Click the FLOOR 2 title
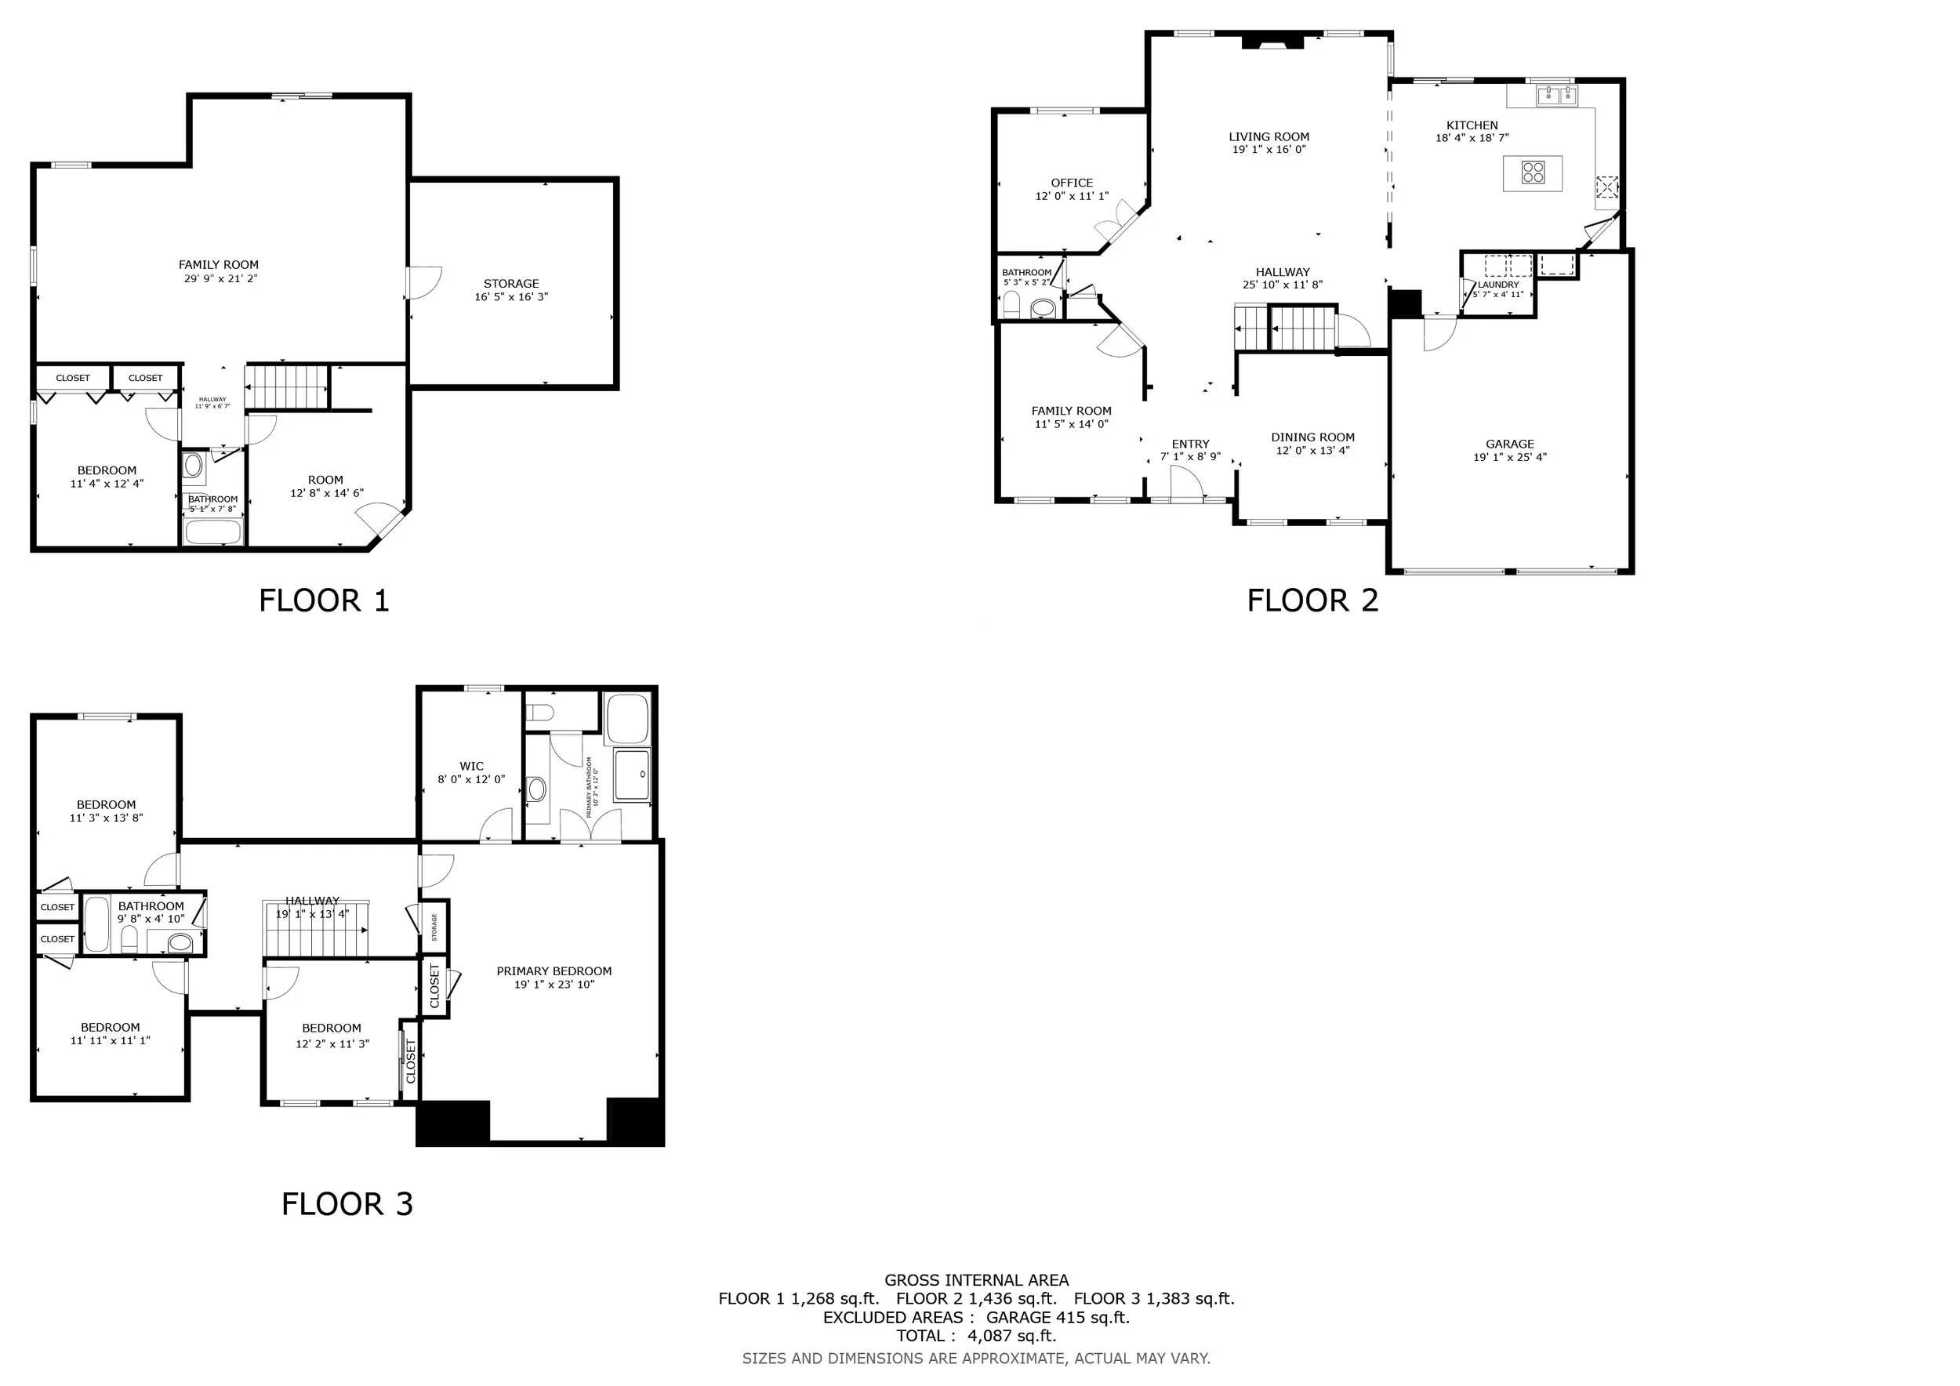point(1312,600)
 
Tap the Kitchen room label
point(1472,125)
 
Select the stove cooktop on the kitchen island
point(1534,173)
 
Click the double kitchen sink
point(1557,95)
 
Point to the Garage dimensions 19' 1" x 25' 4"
point(1509,458)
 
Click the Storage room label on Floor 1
point(511,283)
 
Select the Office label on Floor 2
point(1073,183)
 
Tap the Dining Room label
point(1313,437)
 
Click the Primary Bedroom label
point(554,971)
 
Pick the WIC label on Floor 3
point(471,767)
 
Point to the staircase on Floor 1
point(287,387)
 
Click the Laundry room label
point(1498,285)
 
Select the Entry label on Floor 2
point(1190,444)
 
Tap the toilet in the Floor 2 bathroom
point(1012,304)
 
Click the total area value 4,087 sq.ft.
point(1011,1336)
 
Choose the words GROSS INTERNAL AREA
point(977,1280)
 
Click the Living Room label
point(1269,136)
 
